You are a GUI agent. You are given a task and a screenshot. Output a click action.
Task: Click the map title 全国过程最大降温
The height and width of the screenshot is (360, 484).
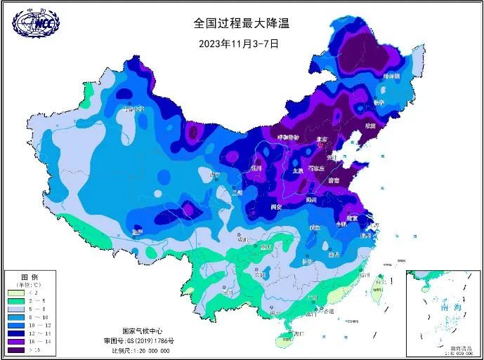point(241,23)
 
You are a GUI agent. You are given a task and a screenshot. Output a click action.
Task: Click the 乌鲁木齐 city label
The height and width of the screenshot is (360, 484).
point(133,108)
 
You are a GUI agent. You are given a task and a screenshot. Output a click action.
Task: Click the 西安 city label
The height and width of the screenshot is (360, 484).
point(276,207)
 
